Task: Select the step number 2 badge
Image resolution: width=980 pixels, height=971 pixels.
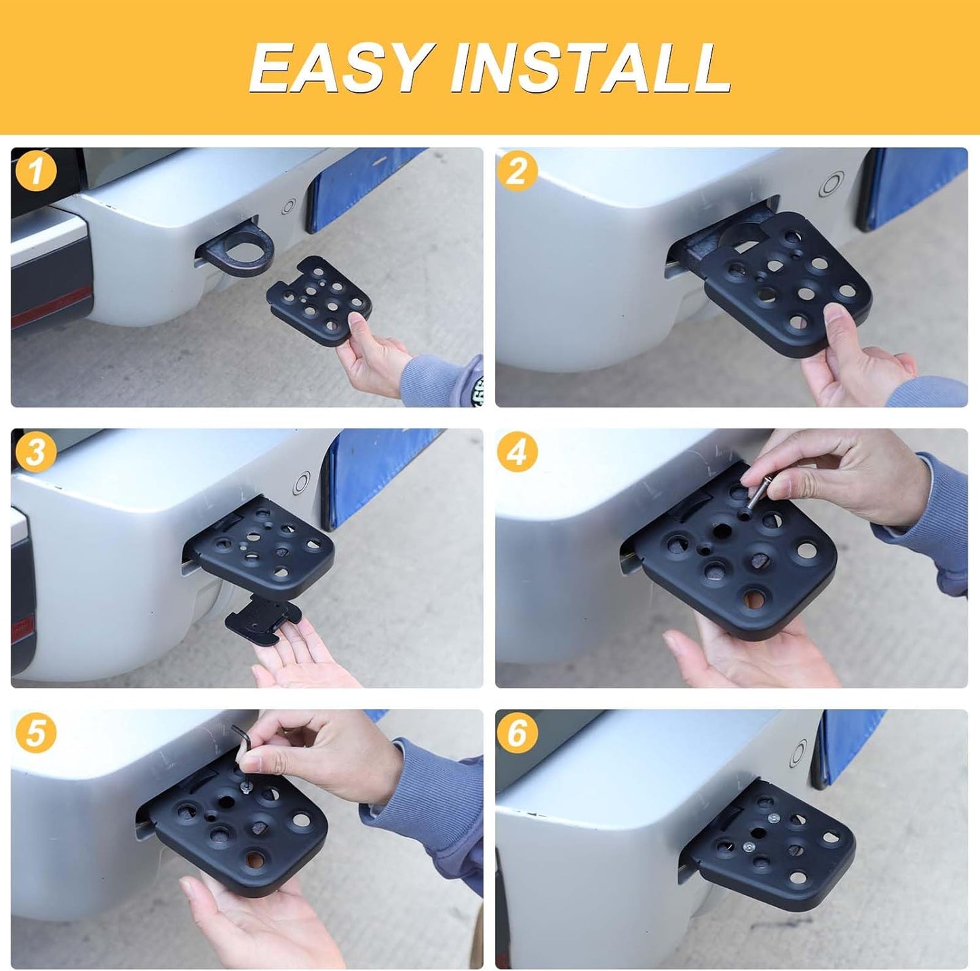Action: tap(517, 172)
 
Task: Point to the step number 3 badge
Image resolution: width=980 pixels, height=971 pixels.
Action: tap(35, 453)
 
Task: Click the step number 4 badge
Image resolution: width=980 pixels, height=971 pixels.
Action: tap(517, 453)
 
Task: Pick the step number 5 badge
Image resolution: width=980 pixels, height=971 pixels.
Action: tap(35, 734)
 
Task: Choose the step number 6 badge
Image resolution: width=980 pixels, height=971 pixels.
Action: tap(517, 734)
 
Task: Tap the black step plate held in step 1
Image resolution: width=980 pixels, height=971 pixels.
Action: tap(319, 300)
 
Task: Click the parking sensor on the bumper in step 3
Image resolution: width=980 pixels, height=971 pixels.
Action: tap(302, 483)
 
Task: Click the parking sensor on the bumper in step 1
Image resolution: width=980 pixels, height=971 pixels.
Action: tap(288, 207)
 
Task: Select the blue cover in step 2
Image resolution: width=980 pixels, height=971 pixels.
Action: tap(916, 189)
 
